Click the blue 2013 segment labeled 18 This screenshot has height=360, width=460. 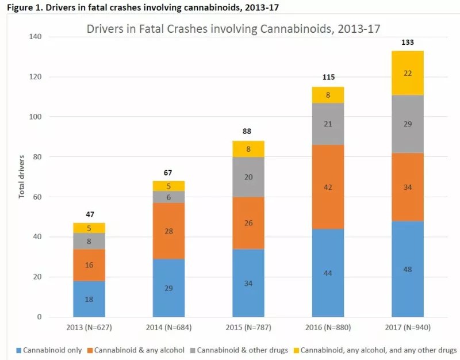coord(89,298)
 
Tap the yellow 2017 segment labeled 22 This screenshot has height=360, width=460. coord(407,73)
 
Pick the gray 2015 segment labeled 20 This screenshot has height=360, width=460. coord(248,177)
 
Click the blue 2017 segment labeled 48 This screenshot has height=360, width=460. coord(407,268)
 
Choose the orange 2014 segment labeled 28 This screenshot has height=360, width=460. coord(168,231)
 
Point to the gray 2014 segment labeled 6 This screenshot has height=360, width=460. coord(168,197)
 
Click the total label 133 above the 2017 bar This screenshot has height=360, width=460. coord(407,43)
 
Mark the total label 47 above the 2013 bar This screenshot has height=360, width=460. coord(89,214)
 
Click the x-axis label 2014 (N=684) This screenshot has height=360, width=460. coord(168,328)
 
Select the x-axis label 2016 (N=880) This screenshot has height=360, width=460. coord(328,328)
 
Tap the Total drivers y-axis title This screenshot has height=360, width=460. coord(22,177)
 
